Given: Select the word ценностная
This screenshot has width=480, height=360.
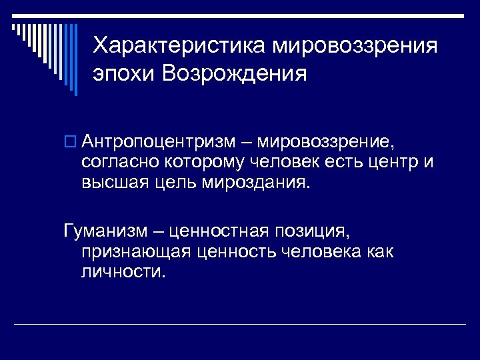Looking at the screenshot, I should tap(219, 233).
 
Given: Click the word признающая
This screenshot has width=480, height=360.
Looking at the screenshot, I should tap(137, 252).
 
